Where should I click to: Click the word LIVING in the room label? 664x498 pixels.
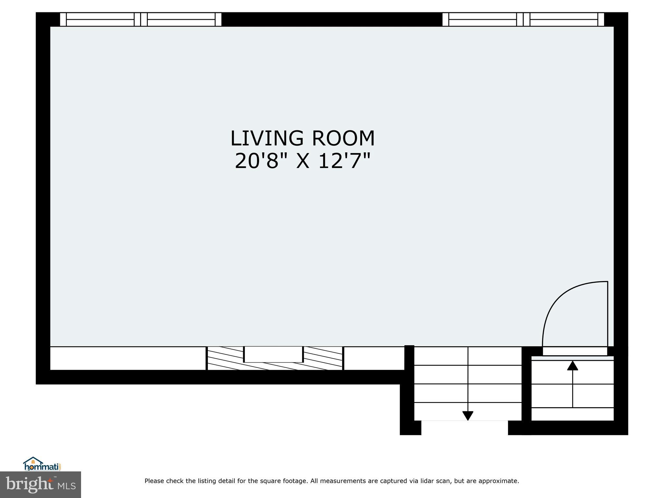point(267,138)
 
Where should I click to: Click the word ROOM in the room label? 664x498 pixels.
point(343,138)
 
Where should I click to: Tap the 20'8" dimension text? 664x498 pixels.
point(261,161)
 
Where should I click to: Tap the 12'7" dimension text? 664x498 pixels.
point(344,161)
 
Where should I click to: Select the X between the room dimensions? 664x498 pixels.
point(303,161)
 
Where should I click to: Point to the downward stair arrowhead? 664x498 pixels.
point(468,415)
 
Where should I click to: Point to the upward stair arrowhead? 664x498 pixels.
point(573,365)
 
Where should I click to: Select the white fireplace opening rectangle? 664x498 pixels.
point(273,354)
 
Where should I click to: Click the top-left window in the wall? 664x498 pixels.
point(141,19)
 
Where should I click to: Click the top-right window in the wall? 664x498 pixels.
point(523,19)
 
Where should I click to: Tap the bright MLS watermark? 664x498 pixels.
point(41,485)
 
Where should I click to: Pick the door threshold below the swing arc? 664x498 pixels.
point(575,351)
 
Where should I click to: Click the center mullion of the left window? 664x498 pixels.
point(141,19)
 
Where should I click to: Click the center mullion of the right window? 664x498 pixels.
point(523,19)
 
